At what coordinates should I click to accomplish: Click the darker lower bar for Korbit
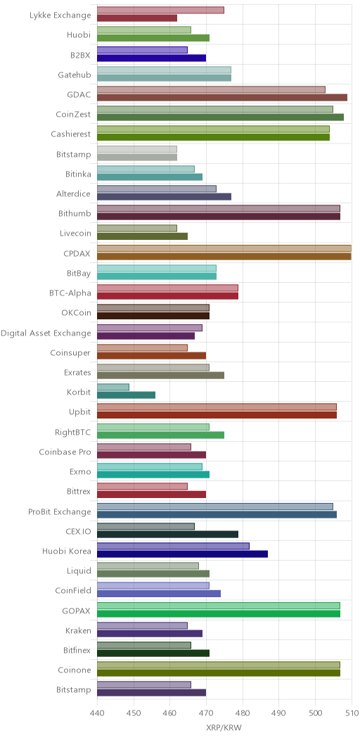[x=126, y=395]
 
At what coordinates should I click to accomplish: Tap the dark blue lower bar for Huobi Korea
[x=182, y=554]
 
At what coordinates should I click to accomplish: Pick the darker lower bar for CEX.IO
[x=167, y=534]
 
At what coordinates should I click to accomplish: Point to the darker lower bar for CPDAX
[x=224, y=256]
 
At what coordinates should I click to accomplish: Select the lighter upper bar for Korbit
[x=112, y=387]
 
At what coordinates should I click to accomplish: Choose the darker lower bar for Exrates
[x=160, y=375]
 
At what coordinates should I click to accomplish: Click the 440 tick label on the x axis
[x=97, y=712]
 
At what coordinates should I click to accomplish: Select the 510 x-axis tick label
[x=352, y=712]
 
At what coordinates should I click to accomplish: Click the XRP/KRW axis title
[x=224, y=728]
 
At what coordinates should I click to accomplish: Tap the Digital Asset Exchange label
[x=46, y=333]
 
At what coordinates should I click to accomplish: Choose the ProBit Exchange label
[x=60, y=511]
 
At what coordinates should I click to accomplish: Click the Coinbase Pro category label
[x=65, y=452]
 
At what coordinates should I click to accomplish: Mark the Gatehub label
[x=75, y=75]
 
